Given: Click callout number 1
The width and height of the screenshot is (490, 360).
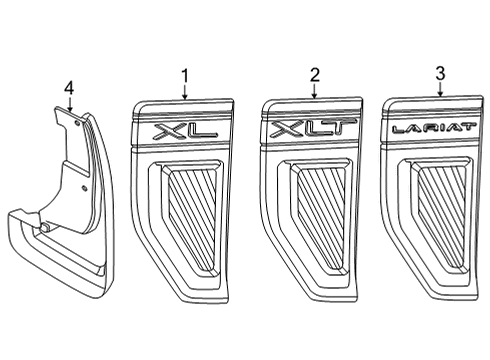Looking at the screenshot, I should click(185, 75).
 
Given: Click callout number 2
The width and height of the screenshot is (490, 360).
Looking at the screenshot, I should click(314, 75).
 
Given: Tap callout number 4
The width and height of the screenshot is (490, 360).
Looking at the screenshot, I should click(68, 89).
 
